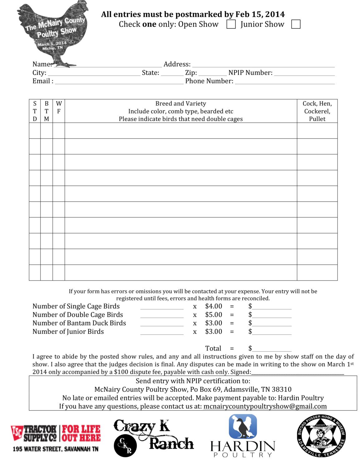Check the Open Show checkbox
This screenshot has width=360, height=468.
(231, 24)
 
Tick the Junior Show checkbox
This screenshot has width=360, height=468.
(295, 24)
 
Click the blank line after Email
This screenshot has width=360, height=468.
(119, 82)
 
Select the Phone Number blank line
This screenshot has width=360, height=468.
(285, 82)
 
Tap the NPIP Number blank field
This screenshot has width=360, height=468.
(304, 73)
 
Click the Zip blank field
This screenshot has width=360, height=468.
(212, 73)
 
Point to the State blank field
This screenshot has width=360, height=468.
(172, 73)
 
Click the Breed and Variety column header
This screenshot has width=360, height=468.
(181, 111)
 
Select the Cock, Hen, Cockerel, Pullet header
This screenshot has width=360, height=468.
(317, 111)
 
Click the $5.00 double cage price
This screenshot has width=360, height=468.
(214, 315)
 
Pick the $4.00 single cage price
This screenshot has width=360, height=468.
(214, 306)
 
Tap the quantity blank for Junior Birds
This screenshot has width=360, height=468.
(162, 332)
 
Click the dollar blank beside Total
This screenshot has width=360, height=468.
(272, 349)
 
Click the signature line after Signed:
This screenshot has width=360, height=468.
(298, 372)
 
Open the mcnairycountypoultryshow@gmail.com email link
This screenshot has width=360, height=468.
(265, 407)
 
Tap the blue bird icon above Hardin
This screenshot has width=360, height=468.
(243, 427)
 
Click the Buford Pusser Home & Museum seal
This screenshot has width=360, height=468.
(321, 436)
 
